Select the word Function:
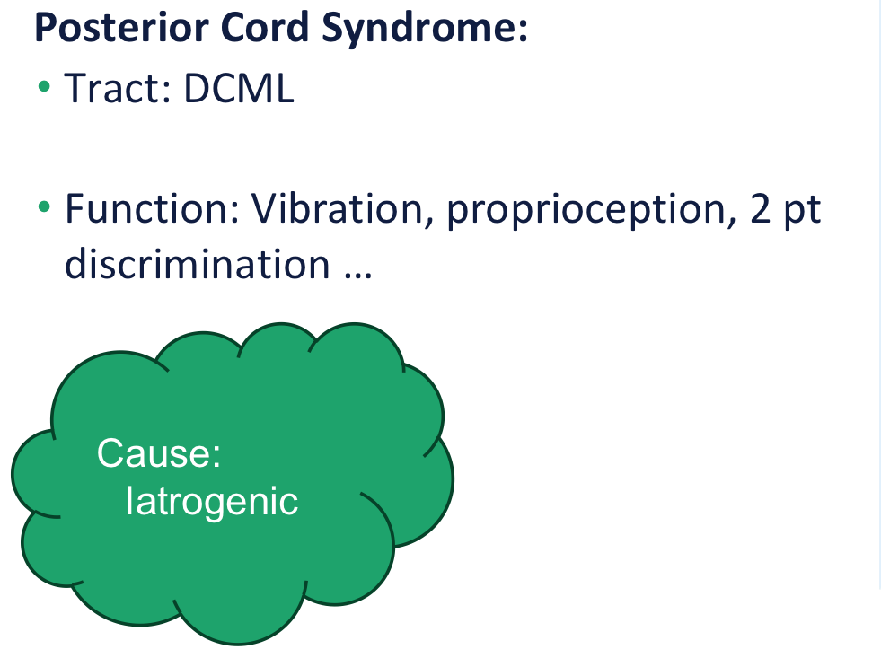pos(153,209)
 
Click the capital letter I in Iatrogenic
pos(129,500)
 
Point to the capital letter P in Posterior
pos(45,29)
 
